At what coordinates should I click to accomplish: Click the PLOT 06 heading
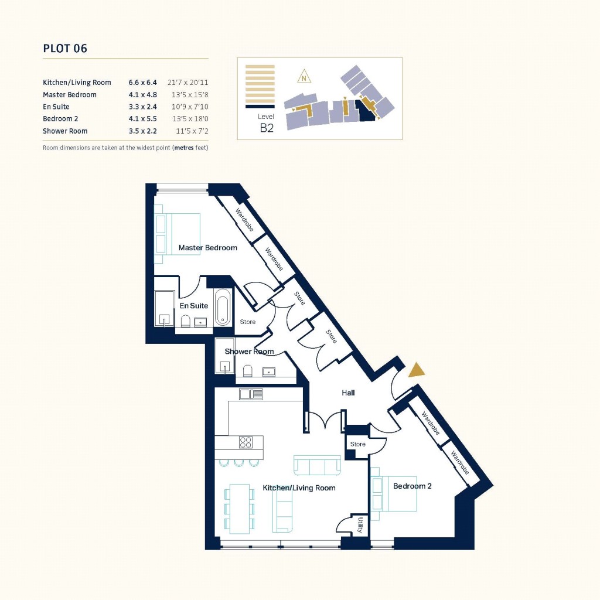pos(65,49)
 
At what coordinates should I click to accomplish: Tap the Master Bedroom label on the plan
pos(207,248)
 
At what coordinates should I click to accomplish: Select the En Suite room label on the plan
pos(193,306)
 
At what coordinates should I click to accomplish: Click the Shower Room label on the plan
pos(250,352)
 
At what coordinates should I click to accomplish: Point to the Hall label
pos(348,393)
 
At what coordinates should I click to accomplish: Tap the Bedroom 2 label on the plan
pos(412,486)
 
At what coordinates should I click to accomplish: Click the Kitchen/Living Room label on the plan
pos(299,488)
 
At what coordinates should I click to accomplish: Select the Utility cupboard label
pos(360,525)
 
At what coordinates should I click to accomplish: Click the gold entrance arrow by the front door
pos(417,370)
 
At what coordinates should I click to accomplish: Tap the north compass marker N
pos(304,77)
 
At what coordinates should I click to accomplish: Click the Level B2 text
pos(267,124)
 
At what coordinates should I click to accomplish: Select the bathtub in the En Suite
pos(223,306)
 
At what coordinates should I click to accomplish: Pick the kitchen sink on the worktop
pos(250,394)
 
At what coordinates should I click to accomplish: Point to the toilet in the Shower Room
pos(247,370)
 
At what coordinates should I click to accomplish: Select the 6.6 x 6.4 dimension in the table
pos(142,83)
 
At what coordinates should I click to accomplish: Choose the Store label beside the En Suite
pos(248,322)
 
